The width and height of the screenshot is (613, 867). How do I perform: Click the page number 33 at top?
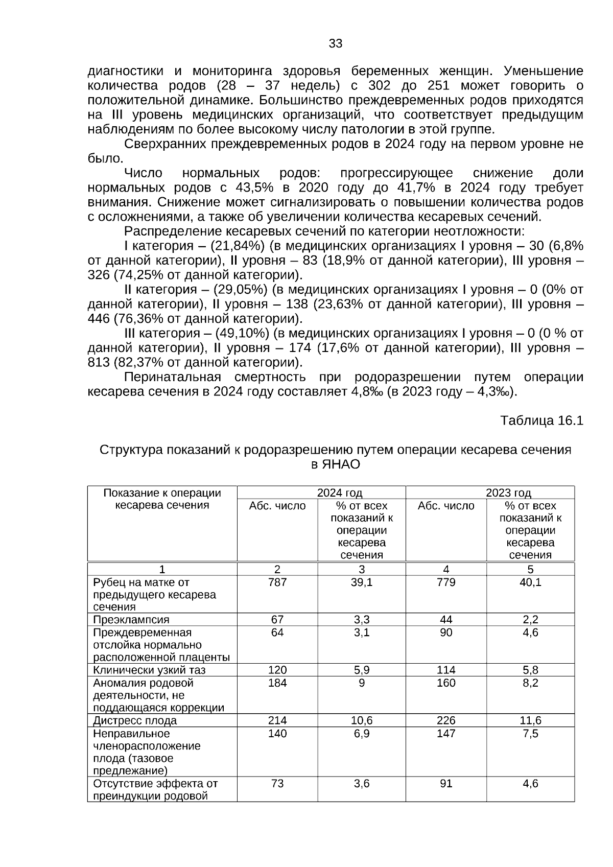pyautogui.click(x=336, y=43)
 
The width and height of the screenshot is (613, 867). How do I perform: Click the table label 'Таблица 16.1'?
pyautogui.click(x=541, y=420)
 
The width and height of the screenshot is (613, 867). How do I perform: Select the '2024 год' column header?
pyautogui.click(x=339, y=493)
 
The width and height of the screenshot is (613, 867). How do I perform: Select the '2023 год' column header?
pyautogui.click(x=508, y=493)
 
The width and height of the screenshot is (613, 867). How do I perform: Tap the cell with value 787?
pyautogui.click(x=277, y=582)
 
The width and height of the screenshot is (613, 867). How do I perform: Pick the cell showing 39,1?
pyautogui.click(x=361, y=582)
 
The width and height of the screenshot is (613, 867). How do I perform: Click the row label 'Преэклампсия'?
pyautogui.click(x=131, y=620)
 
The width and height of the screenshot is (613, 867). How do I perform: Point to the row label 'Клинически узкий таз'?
pyautogui.click(x=150, y=670)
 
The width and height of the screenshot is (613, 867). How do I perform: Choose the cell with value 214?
pyautogui.click(x=277, y=720)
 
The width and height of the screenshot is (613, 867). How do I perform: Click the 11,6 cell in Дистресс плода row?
pyautogui.click(x=530, y=720)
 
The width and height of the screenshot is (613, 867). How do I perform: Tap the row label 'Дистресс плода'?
pyautogui.click(x=135, y=720)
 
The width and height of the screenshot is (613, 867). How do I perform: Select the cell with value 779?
pyautogui.click(x=446, y=582)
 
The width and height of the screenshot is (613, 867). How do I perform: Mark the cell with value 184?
pyautogui.click(x=277, y=683)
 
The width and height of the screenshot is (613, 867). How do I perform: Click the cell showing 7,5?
pyautogui.click(x=530, y=734)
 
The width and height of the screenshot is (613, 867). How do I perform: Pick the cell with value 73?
pyautogui.click(x=277, y=784)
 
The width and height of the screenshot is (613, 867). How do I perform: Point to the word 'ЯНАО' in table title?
pyautogui.click(x=341, y=464)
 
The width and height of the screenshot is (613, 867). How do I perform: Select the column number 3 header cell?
pyautogui.click(x=361, y=569)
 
